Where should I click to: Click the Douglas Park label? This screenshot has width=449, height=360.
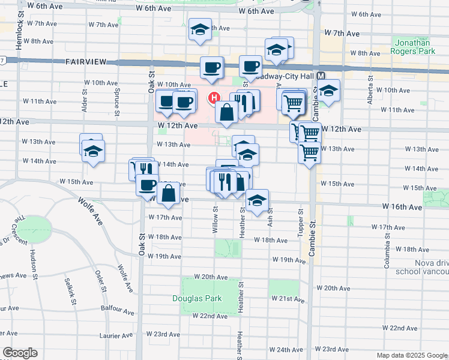[x=197, y=298]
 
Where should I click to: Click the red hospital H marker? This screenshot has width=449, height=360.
[x=213, y=98]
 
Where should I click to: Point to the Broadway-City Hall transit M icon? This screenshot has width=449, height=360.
[x=321, y=76]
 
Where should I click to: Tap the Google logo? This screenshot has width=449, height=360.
[x=20, y=353]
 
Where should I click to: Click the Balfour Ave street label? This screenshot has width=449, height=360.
[x=119, y=311]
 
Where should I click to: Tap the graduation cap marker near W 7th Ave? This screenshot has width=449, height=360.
[x=199, y=29]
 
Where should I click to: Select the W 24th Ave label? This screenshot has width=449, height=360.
[x=282, y=350]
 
